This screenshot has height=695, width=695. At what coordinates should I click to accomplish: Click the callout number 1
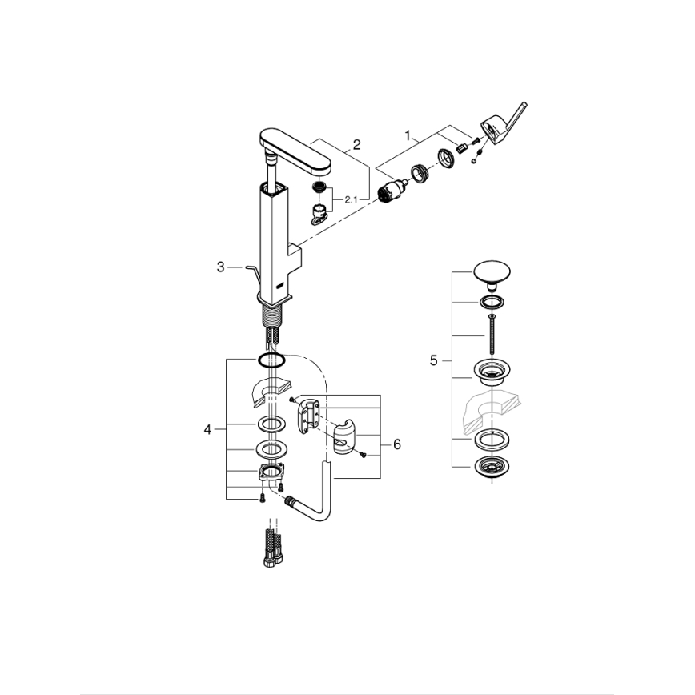(x=412, y=137)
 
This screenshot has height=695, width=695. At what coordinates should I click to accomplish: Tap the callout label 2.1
(x=351, y=200)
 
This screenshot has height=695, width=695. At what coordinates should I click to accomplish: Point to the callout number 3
(x=221, y=267)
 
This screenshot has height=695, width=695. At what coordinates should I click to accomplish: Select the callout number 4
(x=207, y=430)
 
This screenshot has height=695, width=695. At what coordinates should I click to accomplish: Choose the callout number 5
(x=434, y=361)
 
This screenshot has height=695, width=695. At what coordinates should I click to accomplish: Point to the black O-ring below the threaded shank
(x=272, y=358)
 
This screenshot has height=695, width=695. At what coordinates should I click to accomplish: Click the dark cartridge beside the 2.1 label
(x=391, y=191)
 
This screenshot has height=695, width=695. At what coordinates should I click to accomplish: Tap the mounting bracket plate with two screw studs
(x=271, y=473)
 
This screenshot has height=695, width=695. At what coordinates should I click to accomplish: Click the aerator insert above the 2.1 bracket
(x=319, y=190)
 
